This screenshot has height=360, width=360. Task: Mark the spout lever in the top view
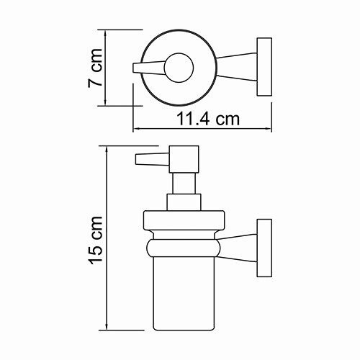pos(151,68)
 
